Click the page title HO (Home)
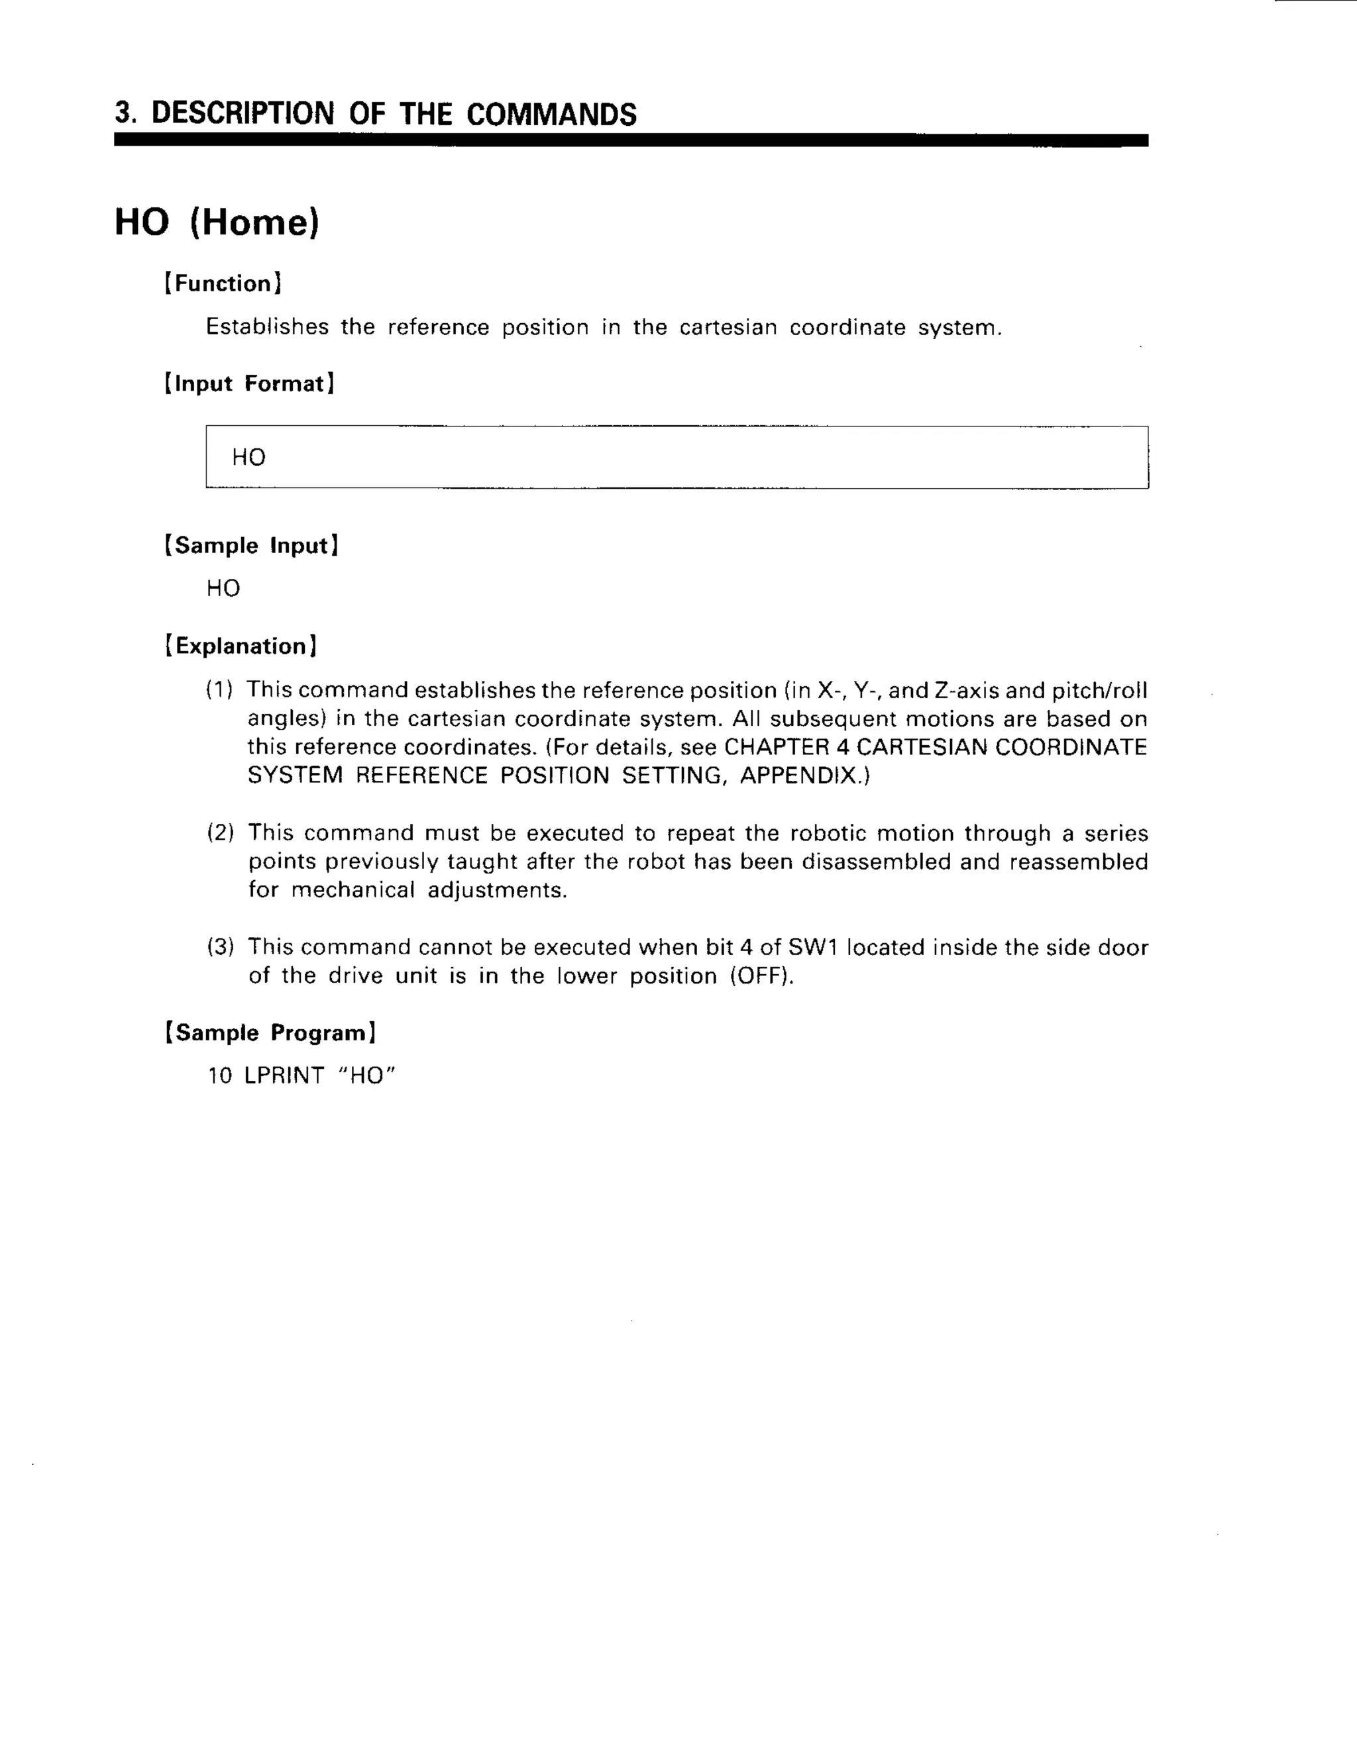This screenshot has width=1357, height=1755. [x=217, y=223]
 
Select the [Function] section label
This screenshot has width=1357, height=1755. [x=223, y=283]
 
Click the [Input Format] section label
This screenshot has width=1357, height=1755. [x=249, y=383]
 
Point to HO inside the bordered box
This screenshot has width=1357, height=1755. [x=248, y=457]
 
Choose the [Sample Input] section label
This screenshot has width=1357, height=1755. [x=252, y=546]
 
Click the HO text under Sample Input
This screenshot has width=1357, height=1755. [x=223, y=588]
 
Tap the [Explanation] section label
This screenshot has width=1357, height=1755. [x=241, y=646]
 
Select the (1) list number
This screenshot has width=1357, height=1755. [x=219, y=689]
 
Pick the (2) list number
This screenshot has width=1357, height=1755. [x=220, y=832]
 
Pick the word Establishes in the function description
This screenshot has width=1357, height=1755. [x=267, y=327]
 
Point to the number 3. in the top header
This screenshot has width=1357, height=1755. [x=125, y=114]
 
